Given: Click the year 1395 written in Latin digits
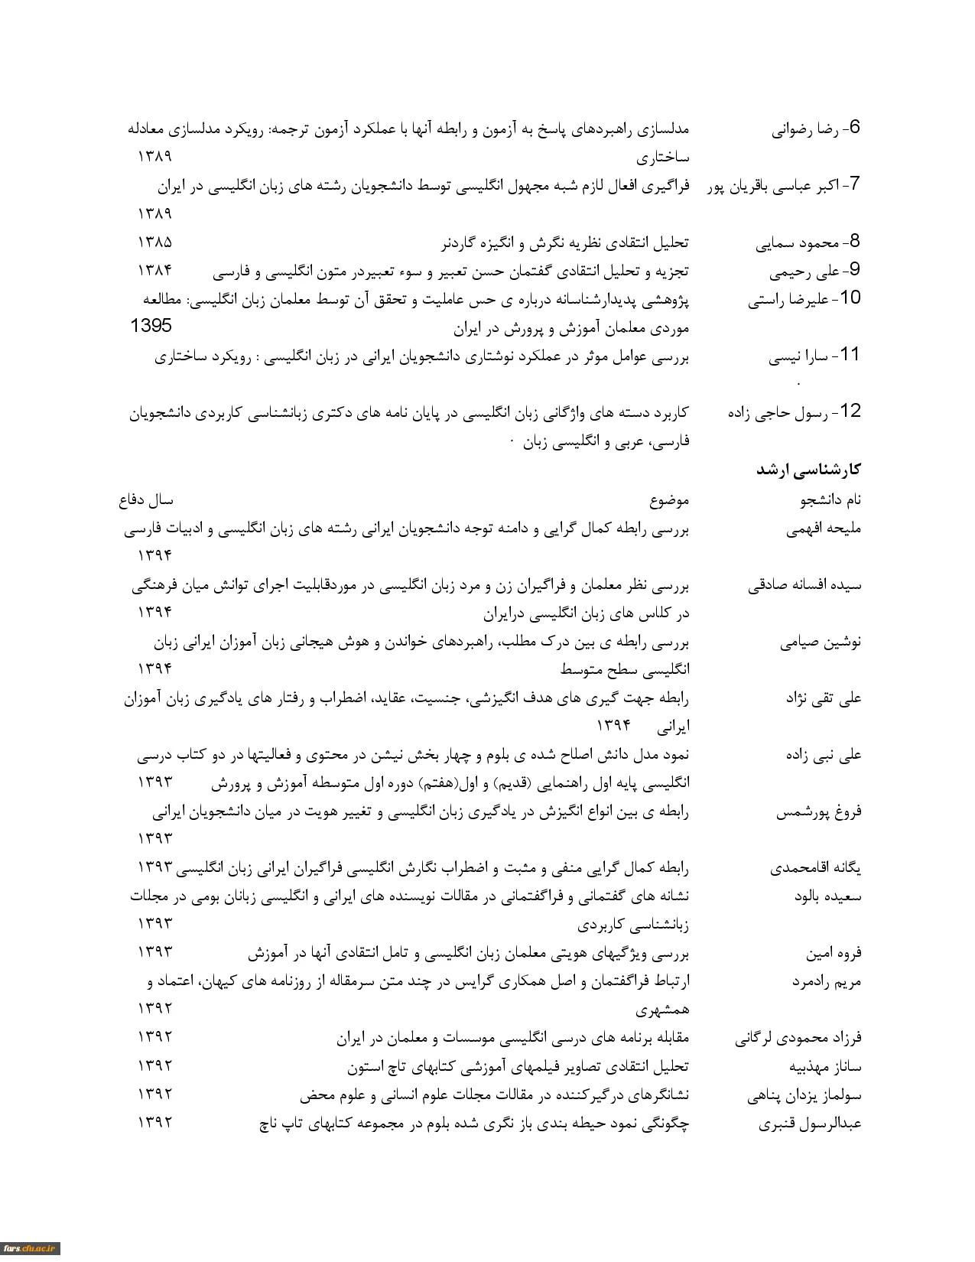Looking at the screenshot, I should point(151,326).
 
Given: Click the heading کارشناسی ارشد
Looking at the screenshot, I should point(808,470).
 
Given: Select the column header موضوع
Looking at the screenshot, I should point(669,501).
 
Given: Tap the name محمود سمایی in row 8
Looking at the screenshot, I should point(797,243).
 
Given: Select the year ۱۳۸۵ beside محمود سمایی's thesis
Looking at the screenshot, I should point(155,242).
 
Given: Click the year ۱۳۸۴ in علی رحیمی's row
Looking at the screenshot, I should point(155,271).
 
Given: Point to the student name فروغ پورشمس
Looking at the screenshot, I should point(818,812).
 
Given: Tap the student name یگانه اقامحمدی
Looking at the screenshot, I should point(815,869).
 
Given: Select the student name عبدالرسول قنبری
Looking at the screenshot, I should point(810,1124).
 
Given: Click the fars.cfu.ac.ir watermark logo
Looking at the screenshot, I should point(30,1249).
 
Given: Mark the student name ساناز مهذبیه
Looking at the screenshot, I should point(825,1067).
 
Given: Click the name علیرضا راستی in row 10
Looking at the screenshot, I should point(788,300).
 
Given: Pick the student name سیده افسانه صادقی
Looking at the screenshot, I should point(804,586).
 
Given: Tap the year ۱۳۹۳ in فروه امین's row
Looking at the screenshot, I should point(155,952).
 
